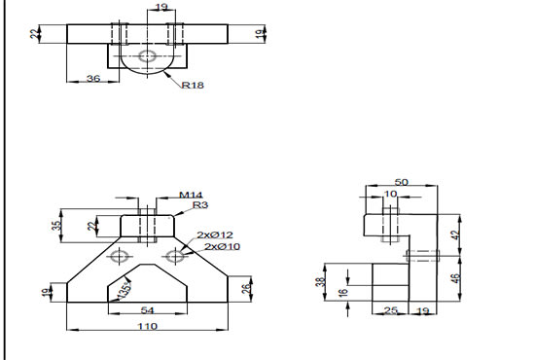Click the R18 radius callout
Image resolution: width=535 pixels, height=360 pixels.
pos(193,85)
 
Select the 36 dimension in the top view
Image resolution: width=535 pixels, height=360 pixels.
pos(94,78)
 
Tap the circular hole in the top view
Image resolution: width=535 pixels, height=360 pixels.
pos(147,56)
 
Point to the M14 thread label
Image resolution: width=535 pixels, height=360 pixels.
pos(190,195)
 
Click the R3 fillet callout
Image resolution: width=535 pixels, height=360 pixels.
pos(199,205)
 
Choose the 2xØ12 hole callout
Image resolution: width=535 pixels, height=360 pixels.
pos(215,235)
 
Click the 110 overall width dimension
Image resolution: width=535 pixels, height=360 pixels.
pos(146,328)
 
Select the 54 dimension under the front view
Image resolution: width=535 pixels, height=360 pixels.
pos(147,308)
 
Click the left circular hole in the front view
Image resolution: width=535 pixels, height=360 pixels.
pos(119,256)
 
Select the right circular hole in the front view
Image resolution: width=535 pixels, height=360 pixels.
pos(175,256)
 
